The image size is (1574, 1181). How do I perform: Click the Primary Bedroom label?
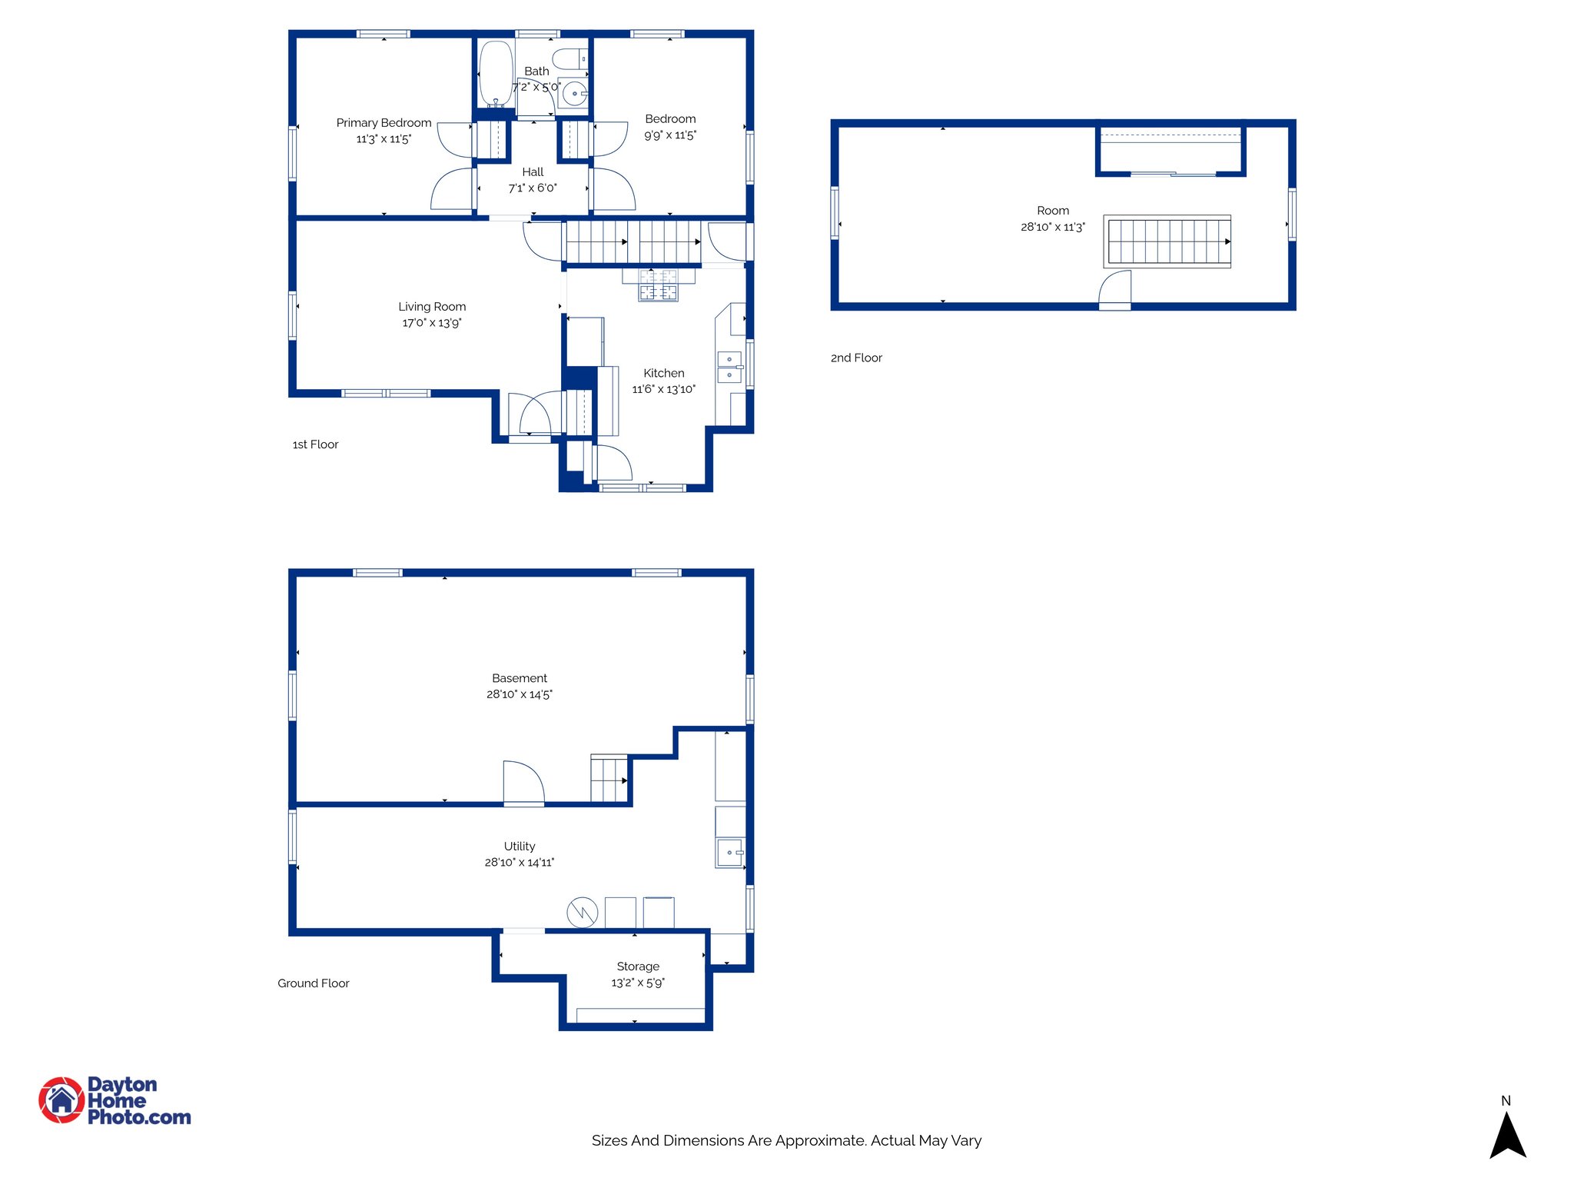click(384, 123)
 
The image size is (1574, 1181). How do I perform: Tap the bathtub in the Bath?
click(496, 74)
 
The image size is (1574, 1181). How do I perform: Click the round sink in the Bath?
click(574, 94)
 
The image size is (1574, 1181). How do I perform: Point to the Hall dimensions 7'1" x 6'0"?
click(533, 188)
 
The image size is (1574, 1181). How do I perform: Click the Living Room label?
click(432, 307)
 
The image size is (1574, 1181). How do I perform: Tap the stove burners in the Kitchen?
click(659, 284)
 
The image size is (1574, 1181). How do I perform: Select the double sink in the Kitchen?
click(729, 367)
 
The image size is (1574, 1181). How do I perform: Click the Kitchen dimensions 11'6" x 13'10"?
click(663, 390)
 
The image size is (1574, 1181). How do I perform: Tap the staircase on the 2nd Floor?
click(1167, 241)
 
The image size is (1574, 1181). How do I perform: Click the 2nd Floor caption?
click(856, 358)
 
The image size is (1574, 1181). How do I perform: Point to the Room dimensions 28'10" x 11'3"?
click(1052, 228)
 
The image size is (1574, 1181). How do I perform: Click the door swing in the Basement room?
click(523, 782)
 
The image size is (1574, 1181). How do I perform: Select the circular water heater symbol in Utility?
click(583, 913)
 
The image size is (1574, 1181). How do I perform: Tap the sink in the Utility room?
click(729, 853)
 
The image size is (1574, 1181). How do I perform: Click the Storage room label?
click(638, 966)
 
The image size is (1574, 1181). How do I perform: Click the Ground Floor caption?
click(313, 983)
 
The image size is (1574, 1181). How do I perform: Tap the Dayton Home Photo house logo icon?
click(61, 1100)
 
